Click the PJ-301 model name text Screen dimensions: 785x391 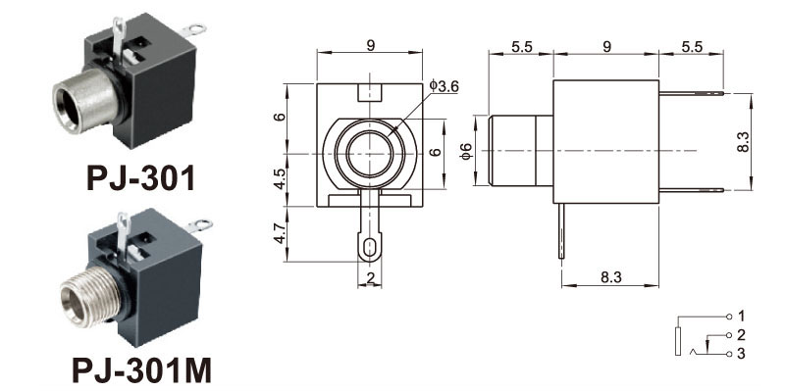coord(140,178)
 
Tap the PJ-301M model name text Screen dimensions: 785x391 coord(141,370)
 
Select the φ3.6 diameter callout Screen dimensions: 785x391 coord(445,86)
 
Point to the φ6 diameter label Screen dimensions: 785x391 coord(465,151)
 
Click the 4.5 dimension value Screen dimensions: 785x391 coord(280,178)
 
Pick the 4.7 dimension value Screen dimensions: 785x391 coord(280,233)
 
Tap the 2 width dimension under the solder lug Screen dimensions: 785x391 coord(370,278)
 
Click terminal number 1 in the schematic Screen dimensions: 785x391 coord(742,316)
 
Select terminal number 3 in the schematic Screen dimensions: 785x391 coord(742,354)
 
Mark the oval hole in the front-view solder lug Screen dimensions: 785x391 coord(370,247)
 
